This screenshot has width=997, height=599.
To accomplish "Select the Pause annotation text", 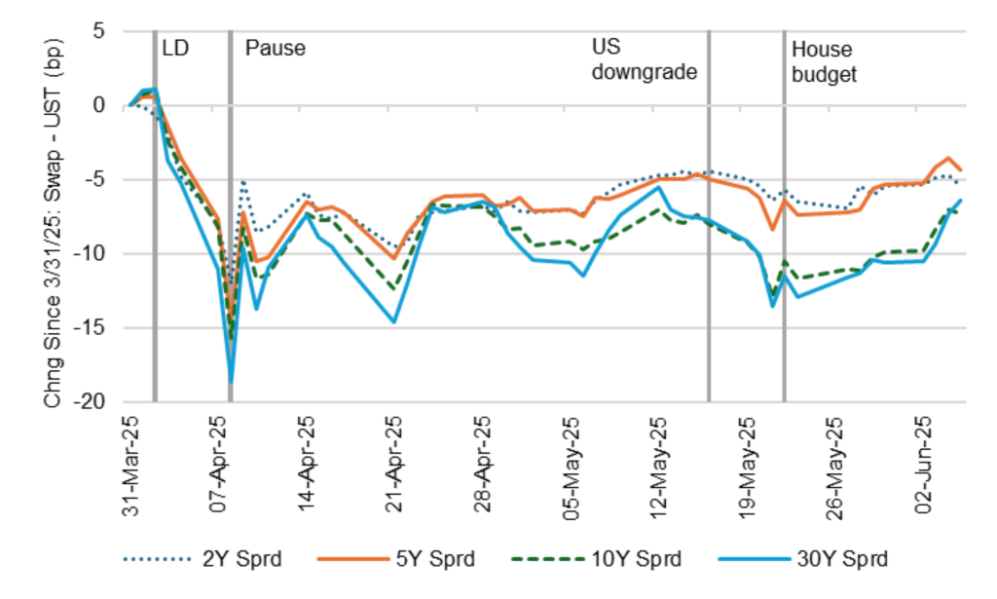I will click(x=275, y=47).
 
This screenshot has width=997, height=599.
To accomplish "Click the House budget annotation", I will click(x=824, y=60).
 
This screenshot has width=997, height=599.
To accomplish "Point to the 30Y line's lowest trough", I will click(x=232, y=383).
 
